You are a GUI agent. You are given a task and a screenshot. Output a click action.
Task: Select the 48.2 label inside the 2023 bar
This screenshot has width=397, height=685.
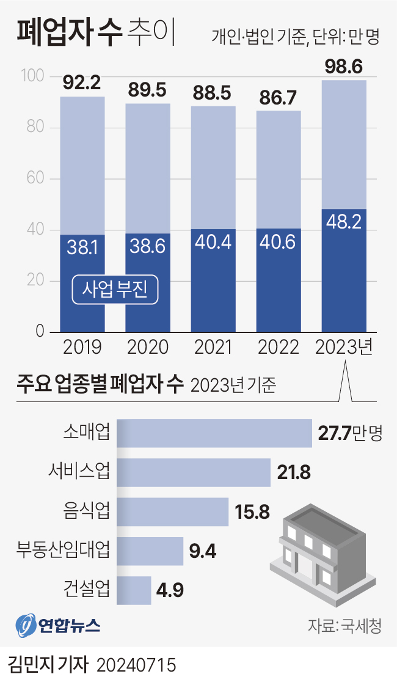coord(344,222)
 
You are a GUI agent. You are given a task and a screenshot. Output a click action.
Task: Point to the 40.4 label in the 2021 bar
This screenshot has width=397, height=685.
coord(213,242)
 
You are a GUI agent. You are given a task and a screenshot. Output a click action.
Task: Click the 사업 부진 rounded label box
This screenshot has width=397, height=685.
coord(115,290)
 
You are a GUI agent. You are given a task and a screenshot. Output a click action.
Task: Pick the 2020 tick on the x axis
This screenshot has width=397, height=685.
coord(148,348)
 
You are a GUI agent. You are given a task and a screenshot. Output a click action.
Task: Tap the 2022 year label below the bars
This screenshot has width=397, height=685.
coord(279,348)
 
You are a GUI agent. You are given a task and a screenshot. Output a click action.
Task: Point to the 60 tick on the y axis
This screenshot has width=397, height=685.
coord(35,179)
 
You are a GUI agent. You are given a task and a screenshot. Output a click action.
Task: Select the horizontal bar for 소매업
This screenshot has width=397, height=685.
coord(214,433)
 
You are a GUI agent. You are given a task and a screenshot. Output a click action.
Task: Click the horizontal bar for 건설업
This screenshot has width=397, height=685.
coord(133,590)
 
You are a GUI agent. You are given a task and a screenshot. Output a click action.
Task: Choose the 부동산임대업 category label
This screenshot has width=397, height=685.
coord(63,551)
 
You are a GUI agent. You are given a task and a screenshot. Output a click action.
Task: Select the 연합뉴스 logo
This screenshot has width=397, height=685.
coord(58,625)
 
